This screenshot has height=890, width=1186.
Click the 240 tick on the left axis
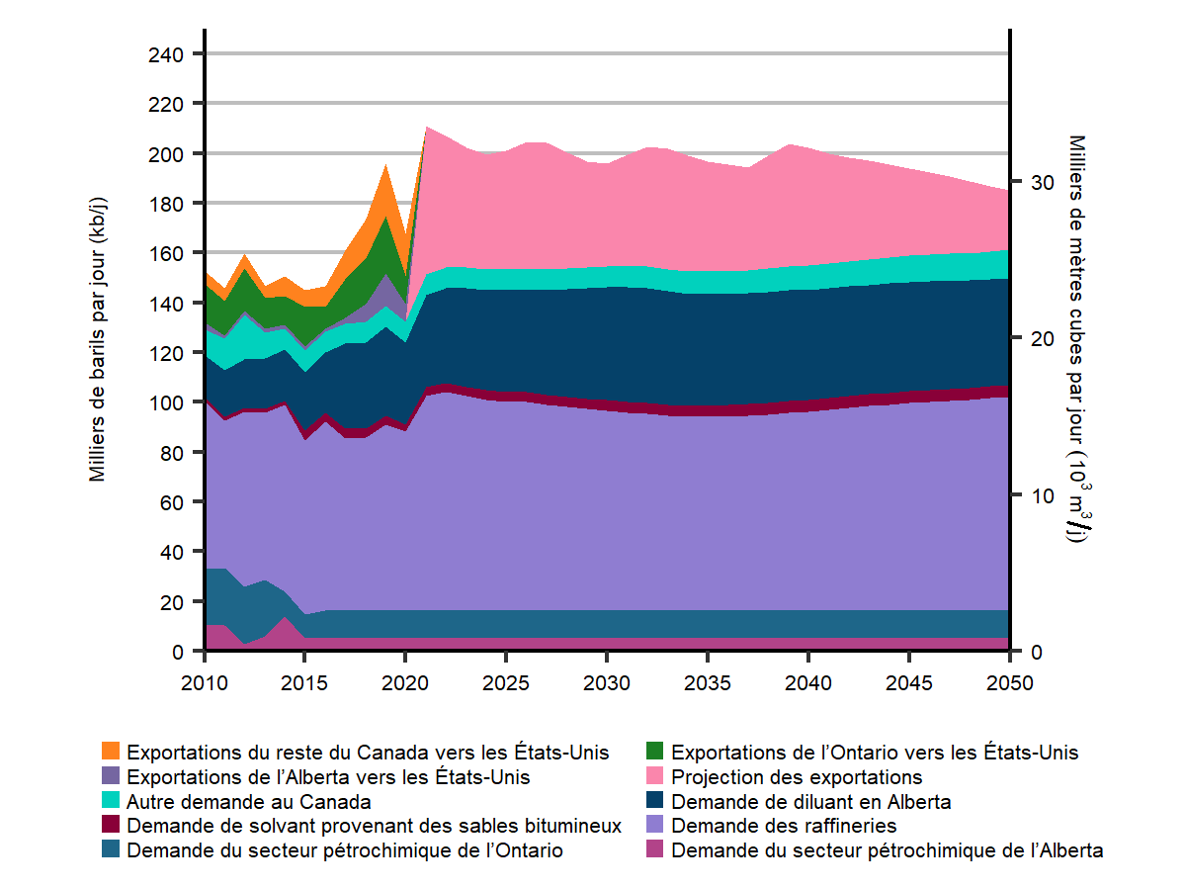(164, 53)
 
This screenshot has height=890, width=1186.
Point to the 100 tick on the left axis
(164, 402)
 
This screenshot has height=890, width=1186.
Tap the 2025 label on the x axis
(506, 683)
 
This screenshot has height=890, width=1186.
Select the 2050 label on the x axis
(1009, 683)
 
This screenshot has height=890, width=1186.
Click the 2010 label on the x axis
(205, 683)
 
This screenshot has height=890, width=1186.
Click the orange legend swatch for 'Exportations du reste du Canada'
(111, 752)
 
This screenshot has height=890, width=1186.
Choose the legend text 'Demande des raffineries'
(784, 826)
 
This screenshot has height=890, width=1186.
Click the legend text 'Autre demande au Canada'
(249, 801)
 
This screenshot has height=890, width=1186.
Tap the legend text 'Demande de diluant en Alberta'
(810, 801)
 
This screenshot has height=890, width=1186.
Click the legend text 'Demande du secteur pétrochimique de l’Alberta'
(887, 850)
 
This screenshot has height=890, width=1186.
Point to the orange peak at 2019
(386, 165)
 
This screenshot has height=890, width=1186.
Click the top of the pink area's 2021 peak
(426, 127)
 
